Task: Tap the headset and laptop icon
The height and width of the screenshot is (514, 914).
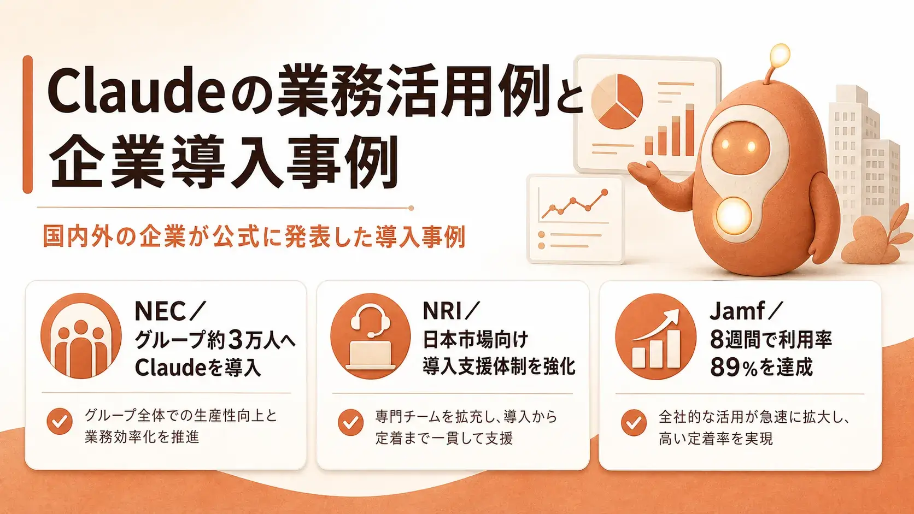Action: (x=371, y=336)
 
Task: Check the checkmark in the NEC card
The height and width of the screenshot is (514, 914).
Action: (x=60, y=422)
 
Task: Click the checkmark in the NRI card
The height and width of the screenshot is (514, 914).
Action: (x=350, y=422)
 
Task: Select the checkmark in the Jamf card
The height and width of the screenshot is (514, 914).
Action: (x=634, y=423)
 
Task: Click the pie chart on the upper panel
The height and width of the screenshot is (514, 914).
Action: (x=617, y=101)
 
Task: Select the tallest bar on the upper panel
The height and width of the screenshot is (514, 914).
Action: (x=689, y=130)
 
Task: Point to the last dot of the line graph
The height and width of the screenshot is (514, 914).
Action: (x=605, y=192)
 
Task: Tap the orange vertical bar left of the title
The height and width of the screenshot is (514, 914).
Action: (x=28, y=125)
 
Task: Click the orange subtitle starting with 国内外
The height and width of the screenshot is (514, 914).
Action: (x=254, y=237)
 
